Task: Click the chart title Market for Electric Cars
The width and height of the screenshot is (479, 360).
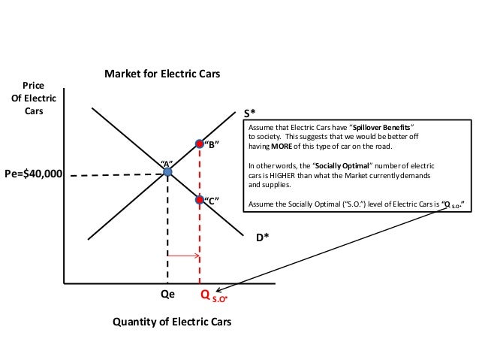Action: point(162,74)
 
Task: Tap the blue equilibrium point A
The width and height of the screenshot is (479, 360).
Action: point(167,173)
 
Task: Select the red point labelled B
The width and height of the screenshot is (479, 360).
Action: point(199,143)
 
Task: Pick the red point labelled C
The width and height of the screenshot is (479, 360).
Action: point(199,199)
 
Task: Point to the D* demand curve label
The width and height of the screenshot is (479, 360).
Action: point(261,237)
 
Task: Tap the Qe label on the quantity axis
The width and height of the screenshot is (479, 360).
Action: point(168,295)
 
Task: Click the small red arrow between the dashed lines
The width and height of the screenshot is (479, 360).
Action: point(182,256)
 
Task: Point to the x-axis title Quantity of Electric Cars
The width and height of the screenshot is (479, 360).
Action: point(172,322)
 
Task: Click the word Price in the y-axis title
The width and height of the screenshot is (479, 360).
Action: point(35,85)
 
